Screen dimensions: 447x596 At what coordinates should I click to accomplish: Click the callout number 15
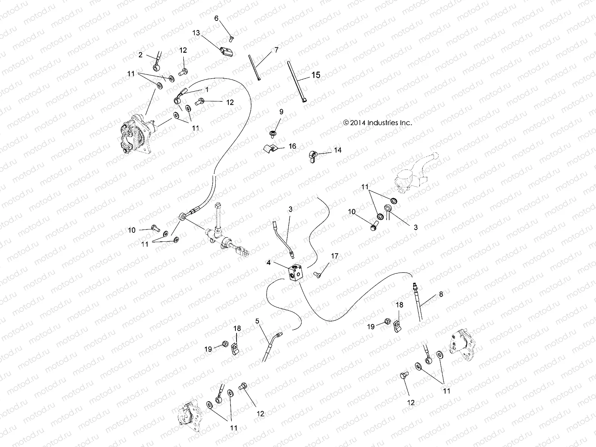[316, 75]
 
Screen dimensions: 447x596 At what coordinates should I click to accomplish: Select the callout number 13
[196, 33]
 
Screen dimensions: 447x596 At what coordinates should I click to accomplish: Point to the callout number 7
[276, 50]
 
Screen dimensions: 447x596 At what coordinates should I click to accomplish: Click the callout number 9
[281, 112]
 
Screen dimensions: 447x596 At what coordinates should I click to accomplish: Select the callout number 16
[292, 146]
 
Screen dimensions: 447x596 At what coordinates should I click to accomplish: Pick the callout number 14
[337, 150]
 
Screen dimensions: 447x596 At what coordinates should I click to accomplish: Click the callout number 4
[268, 263]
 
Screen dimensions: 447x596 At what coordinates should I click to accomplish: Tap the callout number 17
[335, 256]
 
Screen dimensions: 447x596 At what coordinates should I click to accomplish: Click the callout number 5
[257, 320]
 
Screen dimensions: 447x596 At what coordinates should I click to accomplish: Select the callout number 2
[140, 55]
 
